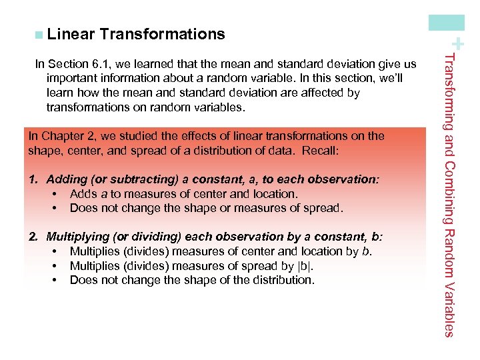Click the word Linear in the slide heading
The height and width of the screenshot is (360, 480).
click(71, 34)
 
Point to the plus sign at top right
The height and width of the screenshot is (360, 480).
click(459, 45)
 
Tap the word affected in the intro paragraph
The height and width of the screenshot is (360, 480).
click(321, 93)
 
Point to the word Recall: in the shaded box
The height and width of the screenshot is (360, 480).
click(320, 151)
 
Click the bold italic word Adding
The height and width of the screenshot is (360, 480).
click(65, 179)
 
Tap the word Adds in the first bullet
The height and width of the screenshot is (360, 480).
click(83, 194)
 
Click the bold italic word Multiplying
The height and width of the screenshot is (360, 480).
click(75, 237)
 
